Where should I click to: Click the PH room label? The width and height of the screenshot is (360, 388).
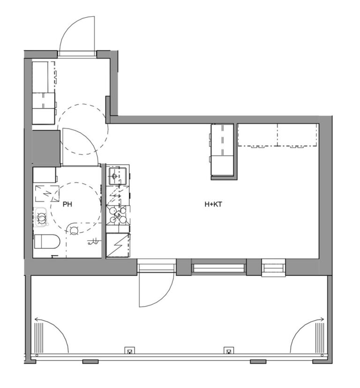click(x=67, y=204)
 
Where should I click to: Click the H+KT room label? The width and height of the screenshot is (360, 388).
click(x=214, y=204)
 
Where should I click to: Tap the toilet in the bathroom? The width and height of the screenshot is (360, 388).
click(x=46, y=242)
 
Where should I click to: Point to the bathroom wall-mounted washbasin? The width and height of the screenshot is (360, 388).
click(x=41, y=217)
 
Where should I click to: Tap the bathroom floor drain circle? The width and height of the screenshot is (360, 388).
click(x=74, y=230)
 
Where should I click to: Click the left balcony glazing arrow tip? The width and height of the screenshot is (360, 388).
click(x=35, y=320)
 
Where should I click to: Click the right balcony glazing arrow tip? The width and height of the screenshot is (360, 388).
click(x=323, y=320)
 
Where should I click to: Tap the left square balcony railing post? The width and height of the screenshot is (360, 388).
click(x=129, y=350)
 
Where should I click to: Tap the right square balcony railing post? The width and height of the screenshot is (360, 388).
click(x=228, y=350)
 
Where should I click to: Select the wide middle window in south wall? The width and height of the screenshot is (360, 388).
click(x=218, y=268)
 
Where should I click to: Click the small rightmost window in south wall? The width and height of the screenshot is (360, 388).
click(x=273, y=268)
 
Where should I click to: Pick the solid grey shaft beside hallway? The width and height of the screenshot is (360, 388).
click(x=46, y=148)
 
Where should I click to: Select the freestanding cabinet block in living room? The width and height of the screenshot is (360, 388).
click(x=222, y=150)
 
